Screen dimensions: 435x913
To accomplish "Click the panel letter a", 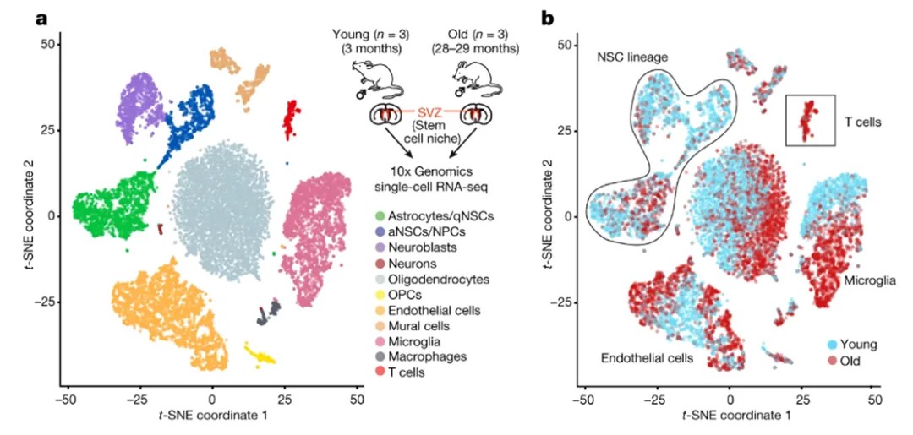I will [40, 17].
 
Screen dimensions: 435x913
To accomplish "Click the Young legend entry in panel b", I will [855, 344].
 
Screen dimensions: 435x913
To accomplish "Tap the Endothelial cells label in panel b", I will [647, 358].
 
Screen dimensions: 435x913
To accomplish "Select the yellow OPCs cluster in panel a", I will [260, 353].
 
